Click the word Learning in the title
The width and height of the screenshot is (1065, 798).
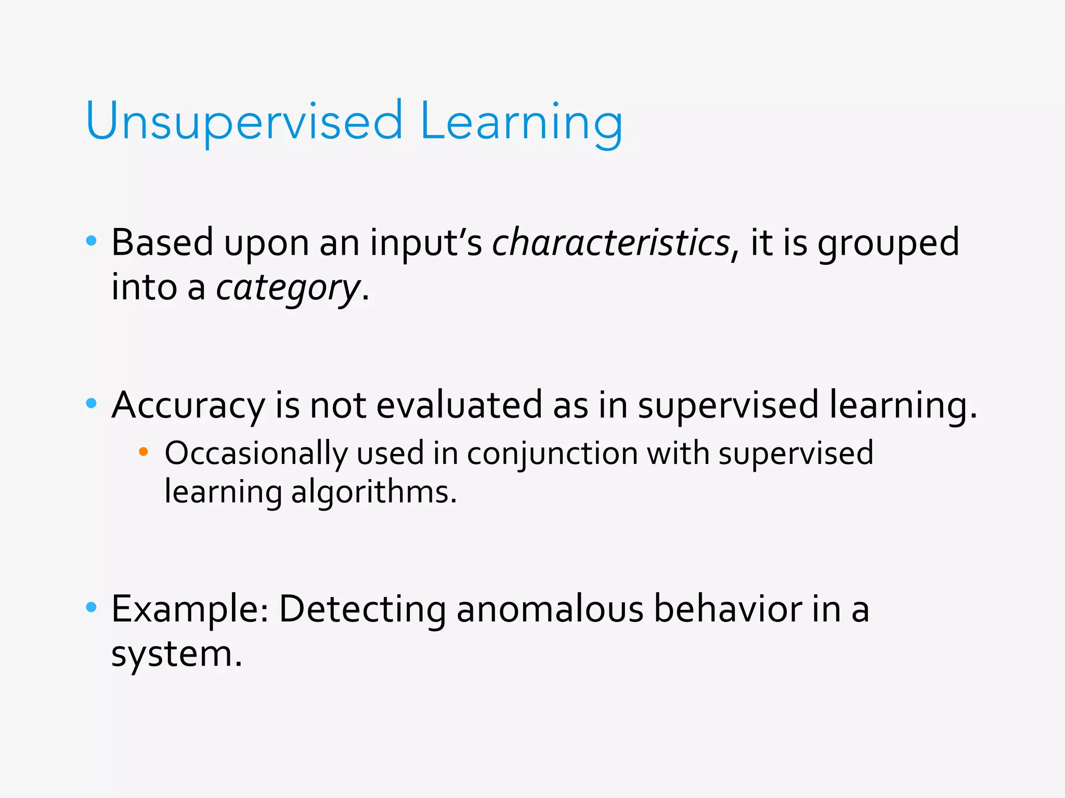tap(521, 122)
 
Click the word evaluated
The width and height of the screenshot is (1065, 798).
tap(459, 405)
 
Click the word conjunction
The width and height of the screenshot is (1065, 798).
tap(552, 454)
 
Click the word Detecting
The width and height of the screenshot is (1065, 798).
tap(362, 609)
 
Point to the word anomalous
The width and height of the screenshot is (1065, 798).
tap(550, 609)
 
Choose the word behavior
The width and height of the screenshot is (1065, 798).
tap(728, 609)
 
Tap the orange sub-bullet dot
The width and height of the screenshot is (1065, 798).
tap(144, 452)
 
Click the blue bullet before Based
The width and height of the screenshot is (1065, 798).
tap(92, 241)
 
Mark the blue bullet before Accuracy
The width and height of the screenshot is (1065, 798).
tap(92, 403)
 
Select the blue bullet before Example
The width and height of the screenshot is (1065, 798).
tap(92, 607)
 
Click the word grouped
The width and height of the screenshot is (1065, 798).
tap(888, 243)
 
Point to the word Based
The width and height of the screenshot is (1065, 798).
tap(162, 243)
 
